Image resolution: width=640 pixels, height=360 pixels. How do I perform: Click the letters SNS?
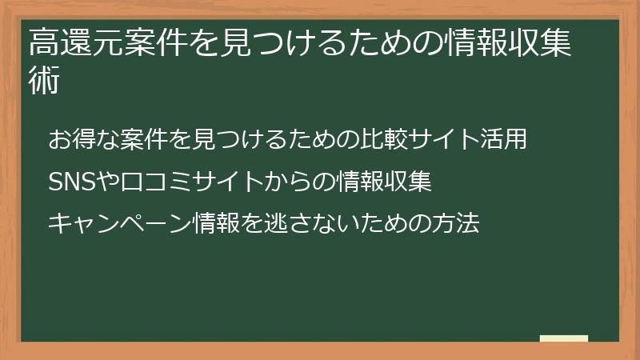click(71, 182)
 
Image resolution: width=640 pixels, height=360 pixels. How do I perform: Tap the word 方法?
click(457, 224)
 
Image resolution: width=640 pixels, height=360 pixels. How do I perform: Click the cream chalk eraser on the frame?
click(564, 339)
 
